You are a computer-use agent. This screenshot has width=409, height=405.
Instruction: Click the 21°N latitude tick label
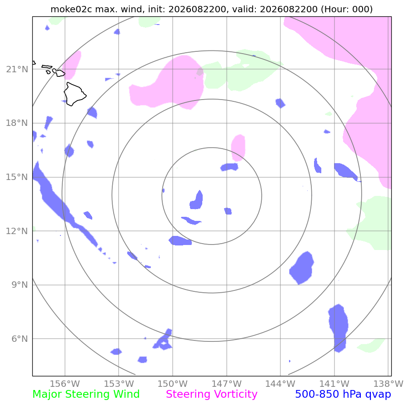17,70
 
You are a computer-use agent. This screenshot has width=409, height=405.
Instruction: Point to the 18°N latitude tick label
17,123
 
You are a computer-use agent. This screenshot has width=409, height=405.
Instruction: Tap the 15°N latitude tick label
17,177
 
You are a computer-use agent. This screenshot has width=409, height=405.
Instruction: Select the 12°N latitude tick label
17,231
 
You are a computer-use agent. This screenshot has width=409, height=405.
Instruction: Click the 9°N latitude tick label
20,285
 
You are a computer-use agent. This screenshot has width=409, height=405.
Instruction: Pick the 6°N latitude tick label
20,339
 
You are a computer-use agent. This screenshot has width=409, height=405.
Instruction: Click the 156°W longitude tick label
65,384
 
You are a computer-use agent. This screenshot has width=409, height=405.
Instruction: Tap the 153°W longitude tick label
119,384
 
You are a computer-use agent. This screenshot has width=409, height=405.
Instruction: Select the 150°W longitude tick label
172,384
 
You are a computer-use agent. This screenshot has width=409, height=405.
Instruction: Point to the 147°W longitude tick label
226,384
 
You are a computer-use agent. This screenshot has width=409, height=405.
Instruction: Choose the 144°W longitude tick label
280,384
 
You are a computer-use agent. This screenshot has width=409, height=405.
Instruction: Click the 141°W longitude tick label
334,384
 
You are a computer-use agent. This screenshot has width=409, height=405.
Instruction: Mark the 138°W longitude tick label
388,384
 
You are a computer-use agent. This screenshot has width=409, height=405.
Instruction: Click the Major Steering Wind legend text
86,394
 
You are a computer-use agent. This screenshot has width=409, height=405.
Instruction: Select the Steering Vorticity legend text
211,394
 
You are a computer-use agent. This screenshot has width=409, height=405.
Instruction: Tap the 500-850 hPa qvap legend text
343,394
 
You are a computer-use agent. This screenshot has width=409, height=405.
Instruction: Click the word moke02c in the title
71,10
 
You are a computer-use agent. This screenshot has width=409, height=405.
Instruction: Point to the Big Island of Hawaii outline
75,95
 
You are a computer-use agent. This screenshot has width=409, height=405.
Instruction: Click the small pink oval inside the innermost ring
238,148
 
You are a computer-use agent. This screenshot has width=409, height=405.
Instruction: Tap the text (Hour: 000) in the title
347,10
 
